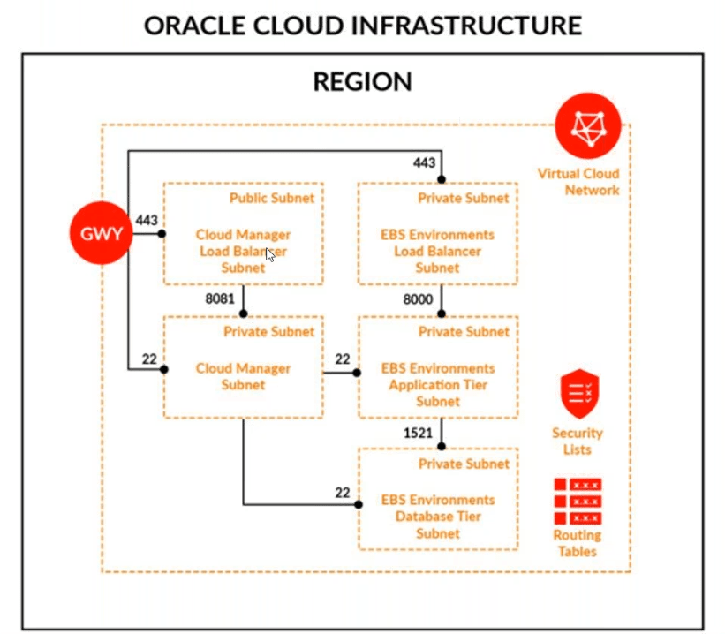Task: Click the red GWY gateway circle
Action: (x=101, y=234)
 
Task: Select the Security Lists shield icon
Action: (x=578, y=395)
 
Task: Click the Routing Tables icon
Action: (x=578, y=501)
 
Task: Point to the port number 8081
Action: (x=220, y=299)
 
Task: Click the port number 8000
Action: (x=418, y=299)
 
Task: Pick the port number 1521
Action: (x=418, y=433)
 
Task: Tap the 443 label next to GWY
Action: (x=147, y=220)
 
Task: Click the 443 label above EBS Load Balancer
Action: (x=424, y=162)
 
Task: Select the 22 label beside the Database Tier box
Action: (x=343, y=492)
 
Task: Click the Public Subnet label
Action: (x=272, y=198)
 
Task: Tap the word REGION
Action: (x=362, y=82)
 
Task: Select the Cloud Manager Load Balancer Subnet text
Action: (x=243, y=251)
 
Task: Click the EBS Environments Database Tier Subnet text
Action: (x=438, y=517)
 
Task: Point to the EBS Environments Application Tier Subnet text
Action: (x=438, y=384)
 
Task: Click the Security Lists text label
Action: (x=578, y=441)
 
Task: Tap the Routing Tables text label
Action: (x=577, y=543)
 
